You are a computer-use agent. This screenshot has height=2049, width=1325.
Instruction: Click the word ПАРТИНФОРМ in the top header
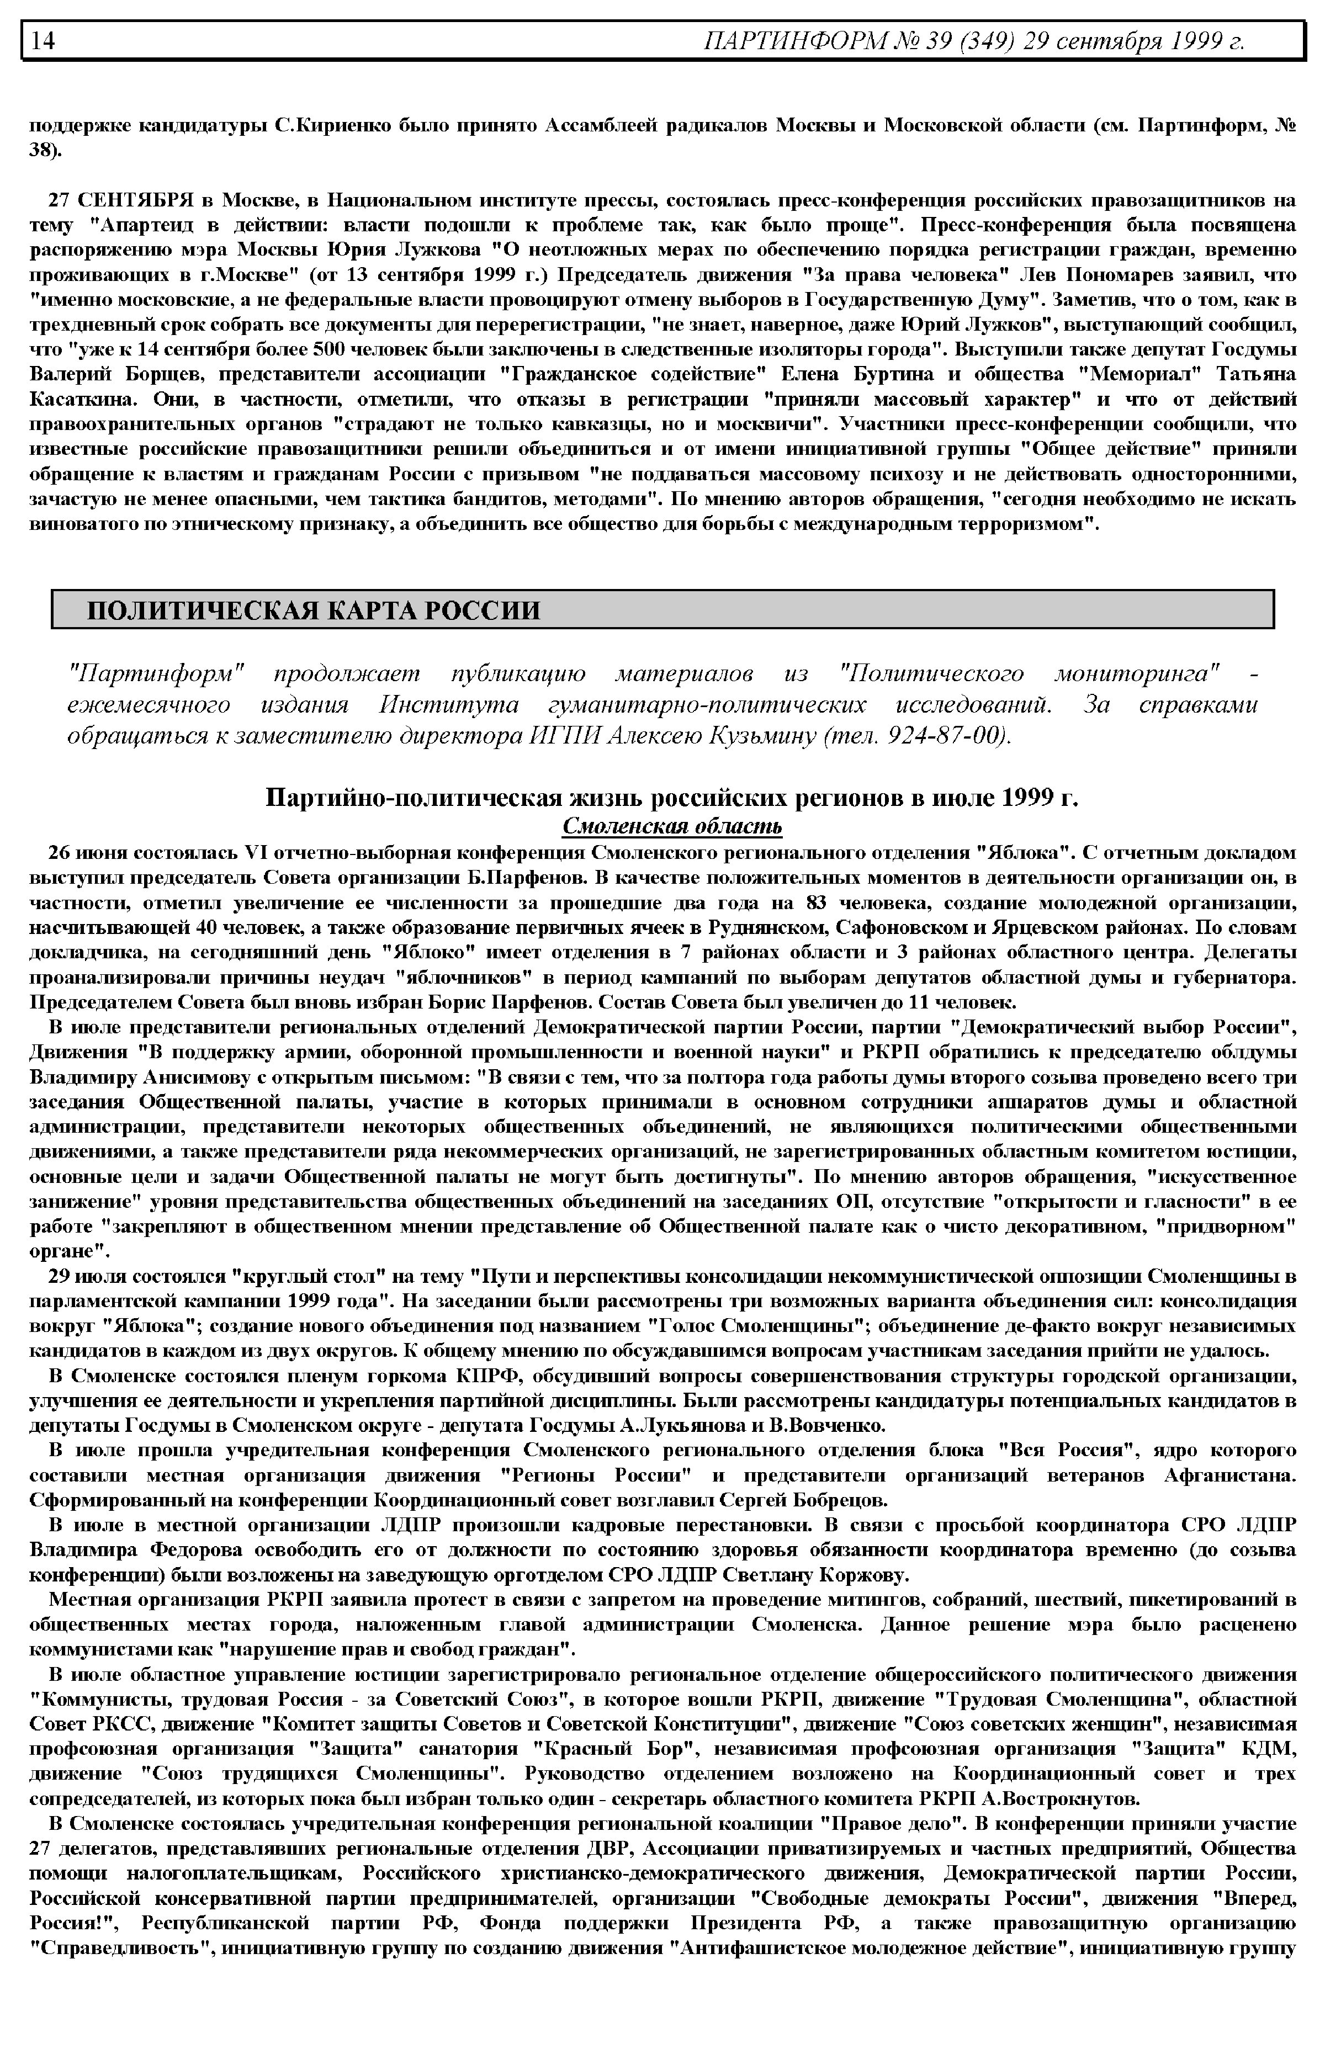[792, 40]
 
